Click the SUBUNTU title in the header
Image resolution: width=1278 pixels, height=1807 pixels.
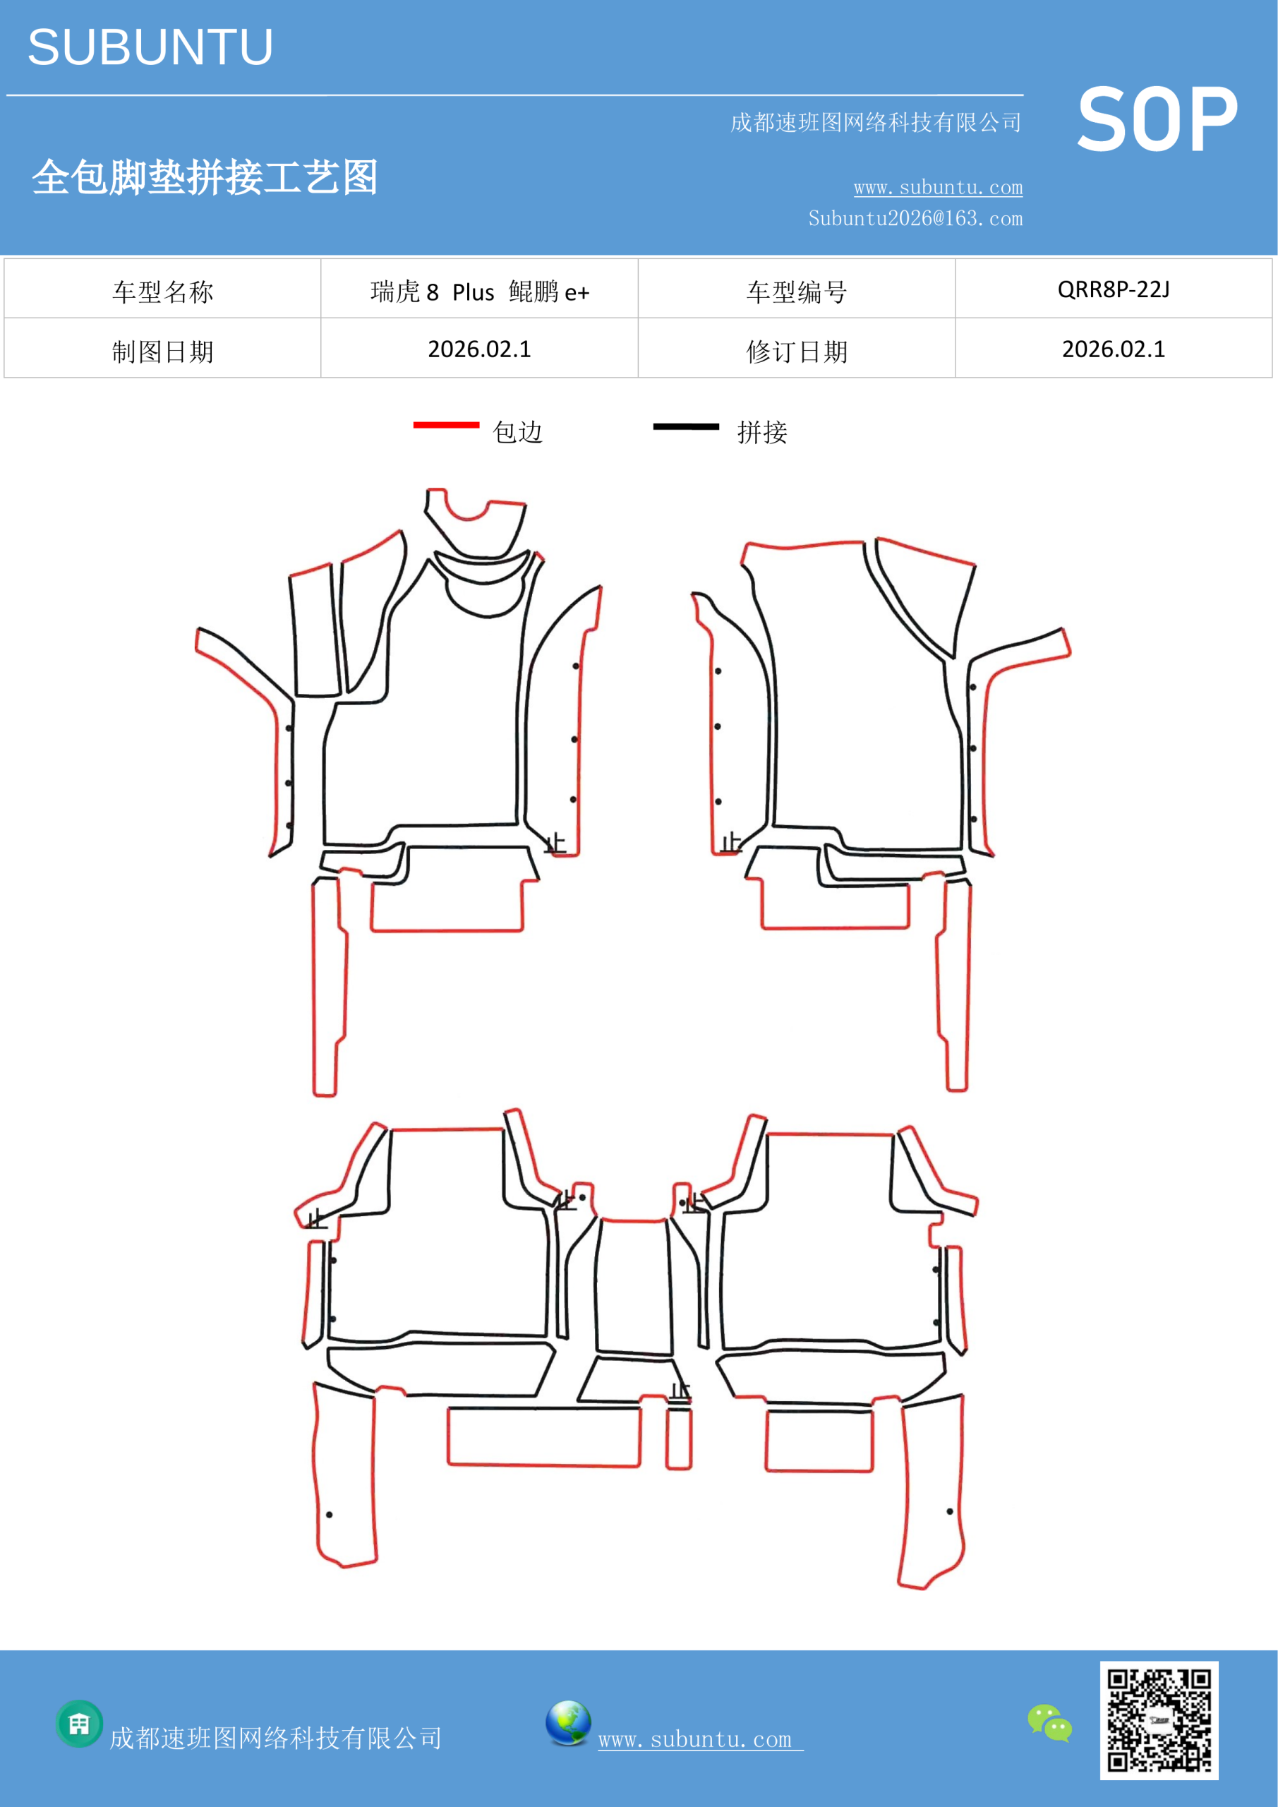150,47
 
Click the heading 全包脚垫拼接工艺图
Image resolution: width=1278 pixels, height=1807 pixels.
205,177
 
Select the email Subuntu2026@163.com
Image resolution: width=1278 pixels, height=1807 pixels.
915,218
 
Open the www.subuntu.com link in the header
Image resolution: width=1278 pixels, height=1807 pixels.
938,187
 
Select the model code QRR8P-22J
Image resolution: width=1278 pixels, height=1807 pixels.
1114,289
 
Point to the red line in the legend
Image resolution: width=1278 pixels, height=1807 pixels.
446,425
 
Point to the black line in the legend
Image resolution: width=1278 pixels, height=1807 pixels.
686,426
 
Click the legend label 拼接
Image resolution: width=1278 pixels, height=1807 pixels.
761,432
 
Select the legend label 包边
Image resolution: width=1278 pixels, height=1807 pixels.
518,432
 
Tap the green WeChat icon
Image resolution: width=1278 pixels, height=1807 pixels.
1050,1722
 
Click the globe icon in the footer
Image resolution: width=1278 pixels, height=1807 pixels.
568,1722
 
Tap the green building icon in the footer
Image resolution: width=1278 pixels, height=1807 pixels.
80,1724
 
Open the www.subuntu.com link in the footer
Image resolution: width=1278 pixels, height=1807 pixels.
700,1740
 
